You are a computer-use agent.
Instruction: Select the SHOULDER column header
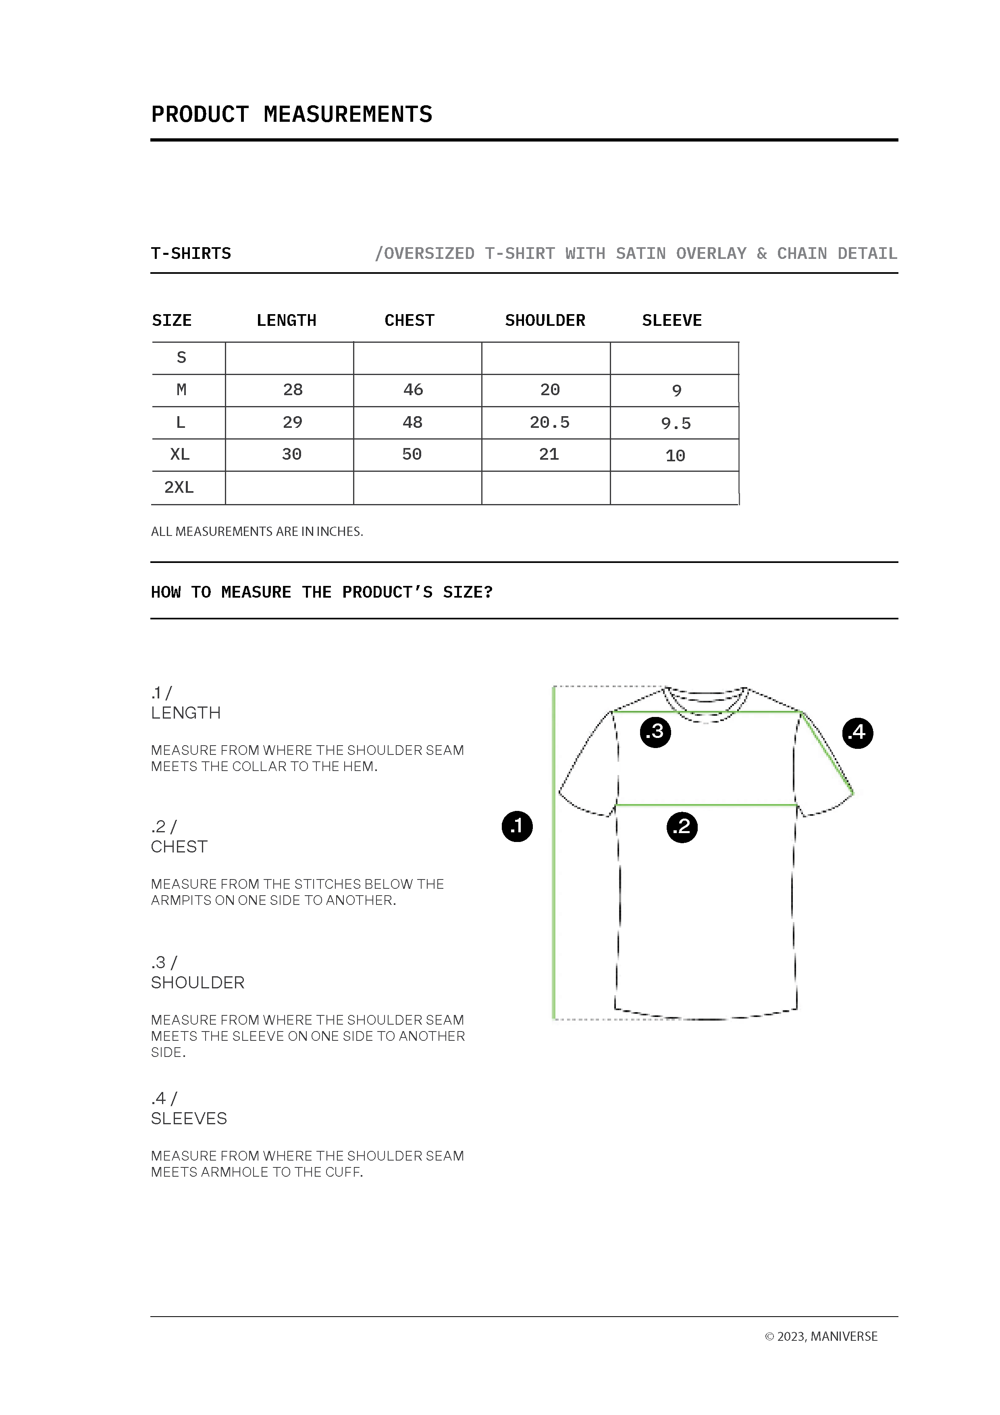tap(545, 321)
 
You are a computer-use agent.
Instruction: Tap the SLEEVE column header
tap(672, 321)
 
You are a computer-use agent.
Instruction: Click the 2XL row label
tap(179, 488)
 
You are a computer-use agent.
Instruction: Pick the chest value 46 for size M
tap(413, 390)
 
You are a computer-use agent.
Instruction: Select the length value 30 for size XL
tap(291, 455)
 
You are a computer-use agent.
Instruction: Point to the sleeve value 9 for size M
tap(676, 391)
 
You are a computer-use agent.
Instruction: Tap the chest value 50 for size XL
tap(412, 455)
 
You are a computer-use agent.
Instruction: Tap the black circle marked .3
tap(655, 731)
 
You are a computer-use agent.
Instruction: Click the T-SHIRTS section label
tap(191, 253)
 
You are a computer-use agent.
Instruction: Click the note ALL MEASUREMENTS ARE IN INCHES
tap(257, 531)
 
